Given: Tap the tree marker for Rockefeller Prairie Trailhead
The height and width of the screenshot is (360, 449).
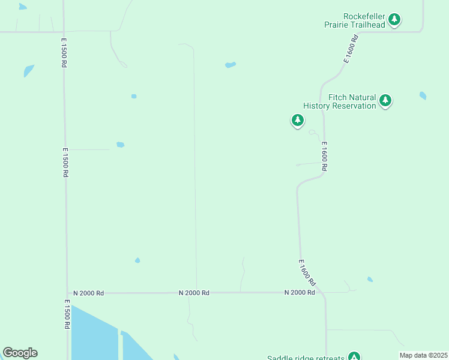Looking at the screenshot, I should tap(394, 20).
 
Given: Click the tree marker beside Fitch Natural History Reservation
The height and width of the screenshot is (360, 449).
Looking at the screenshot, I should tap(385, 100).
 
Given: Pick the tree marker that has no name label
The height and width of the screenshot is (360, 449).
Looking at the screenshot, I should tap(297, 120).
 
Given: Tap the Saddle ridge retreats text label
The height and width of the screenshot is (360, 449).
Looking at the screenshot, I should tap(306, 358).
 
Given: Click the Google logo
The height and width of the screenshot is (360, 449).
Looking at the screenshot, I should tap(20, 353).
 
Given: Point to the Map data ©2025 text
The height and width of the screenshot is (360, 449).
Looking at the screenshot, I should tap(423, 355).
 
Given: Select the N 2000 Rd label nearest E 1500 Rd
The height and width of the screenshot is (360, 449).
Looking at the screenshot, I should tap(89, 293).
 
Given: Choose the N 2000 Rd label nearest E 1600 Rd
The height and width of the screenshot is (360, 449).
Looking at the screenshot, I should tap(300, 292).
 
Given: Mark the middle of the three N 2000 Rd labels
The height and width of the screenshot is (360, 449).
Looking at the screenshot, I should tap(194, 293).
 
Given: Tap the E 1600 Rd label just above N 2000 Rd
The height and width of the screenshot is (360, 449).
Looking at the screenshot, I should tap(307, 273).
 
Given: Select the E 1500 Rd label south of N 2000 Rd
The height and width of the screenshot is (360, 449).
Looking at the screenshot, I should tap(65, 316).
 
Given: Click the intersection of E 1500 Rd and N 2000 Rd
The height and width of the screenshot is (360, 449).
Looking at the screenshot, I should tap(67, 293).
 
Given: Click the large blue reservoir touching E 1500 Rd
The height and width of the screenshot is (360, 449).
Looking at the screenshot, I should tap(93, 336).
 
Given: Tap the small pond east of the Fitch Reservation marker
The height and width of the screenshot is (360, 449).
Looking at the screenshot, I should tap(423, 95).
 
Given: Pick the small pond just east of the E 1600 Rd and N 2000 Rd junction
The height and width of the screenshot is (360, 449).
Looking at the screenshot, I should tap(370, 279).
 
